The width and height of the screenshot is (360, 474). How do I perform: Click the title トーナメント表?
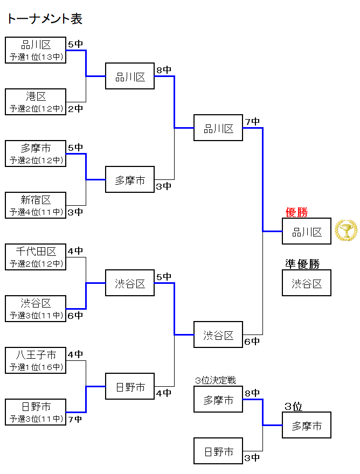[x=44, y=19]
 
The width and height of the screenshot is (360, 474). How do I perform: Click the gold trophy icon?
[x=345, y=231]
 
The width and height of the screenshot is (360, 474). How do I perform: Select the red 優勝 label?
[x=296, y=212]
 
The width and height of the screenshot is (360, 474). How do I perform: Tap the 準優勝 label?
[x=302, y=264]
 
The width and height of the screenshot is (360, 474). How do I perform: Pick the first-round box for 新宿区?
[x=36, y=206]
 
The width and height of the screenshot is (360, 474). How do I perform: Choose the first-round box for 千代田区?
[x=36, y=257]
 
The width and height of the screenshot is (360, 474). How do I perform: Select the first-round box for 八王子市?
[x=36, y=361]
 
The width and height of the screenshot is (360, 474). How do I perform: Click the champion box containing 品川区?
[x=307, y=232]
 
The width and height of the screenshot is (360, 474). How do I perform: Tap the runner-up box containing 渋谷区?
[x=307, y=283]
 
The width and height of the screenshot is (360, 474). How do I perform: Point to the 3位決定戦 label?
[x=216, y=381]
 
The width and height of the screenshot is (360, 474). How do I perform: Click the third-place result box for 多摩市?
[x=307, y=426]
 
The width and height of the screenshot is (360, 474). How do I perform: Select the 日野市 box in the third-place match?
[x=218, y=451]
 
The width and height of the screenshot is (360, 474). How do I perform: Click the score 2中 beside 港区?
[x=75, y=108]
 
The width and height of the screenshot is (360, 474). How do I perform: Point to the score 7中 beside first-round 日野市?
[x=75, y=419]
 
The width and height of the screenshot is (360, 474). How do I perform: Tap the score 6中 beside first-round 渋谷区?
[x=75, y=315]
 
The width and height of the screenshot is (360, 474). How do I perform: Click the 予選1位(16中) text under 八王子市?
[x=36, y=367]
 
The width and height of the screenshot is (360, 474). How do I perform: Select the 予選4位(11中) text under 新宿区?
[x=36, y=212]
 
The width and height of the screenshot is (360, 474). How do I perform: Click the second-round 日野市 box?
[x=130, y=387]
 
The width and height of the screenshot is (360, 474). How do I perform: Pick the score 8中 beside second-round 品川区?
[x=163, y=69]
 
